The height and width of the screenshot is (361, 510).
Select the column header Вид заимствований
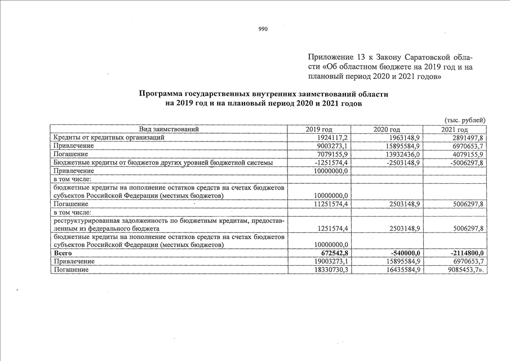(168, 130)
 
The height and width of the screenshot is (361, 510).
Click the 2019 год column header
(319, 130)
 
